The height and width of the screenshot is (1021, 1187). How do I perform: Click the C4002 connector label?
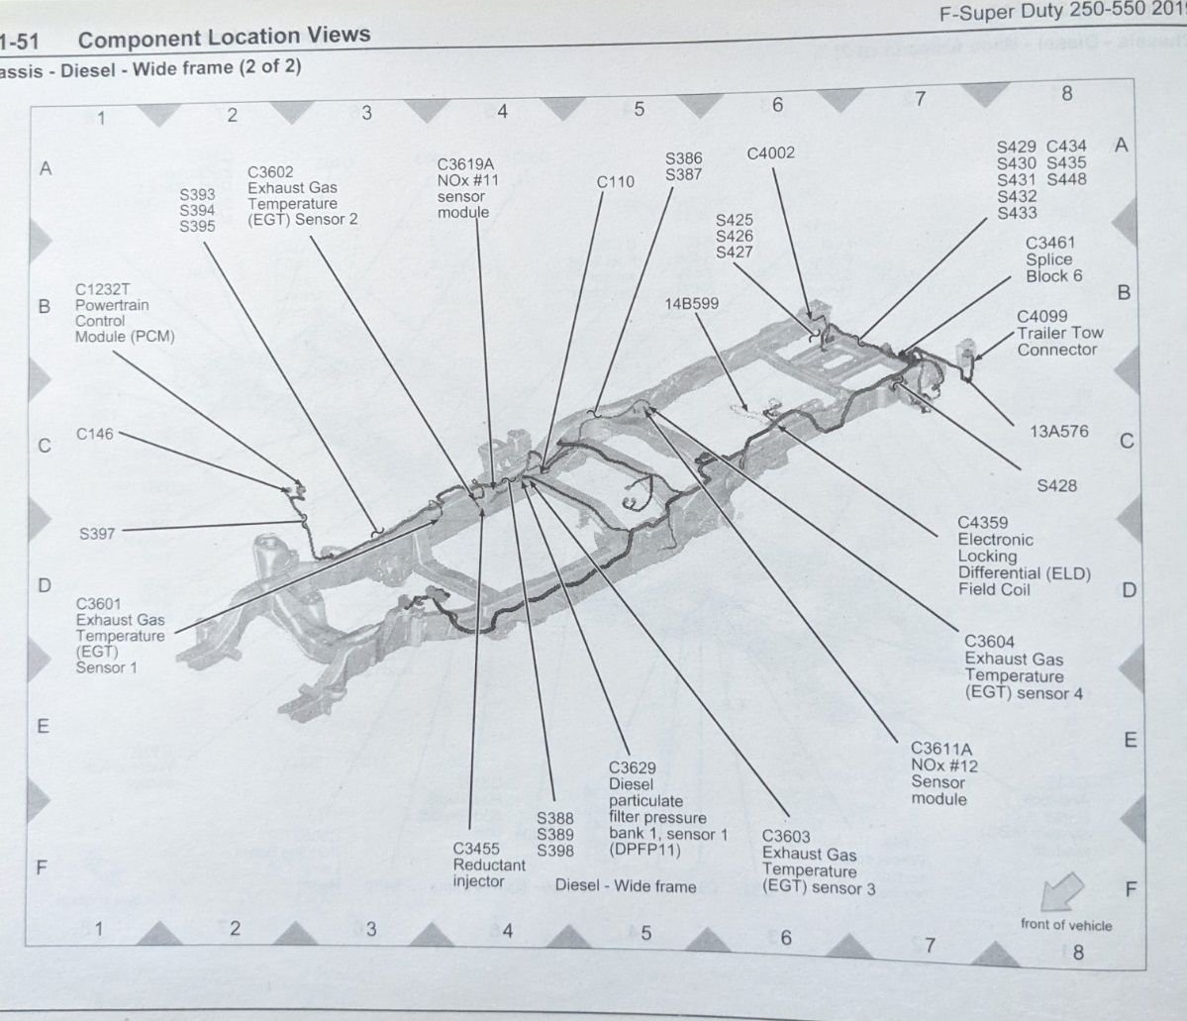770,153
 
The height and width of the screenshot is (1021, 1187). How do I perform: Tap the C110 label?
616,182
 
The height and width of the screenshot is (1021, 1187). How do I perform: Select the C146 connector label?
96,434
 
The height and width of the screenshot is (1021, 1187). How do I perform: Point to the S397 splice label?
97,534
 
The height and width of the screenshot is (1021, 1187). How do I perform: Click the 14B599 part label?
691,304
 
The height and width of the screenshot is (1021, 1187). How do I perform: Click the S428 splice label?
1056,486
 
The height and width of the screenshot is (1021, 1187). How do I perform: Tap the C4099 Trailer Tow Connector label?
1058,333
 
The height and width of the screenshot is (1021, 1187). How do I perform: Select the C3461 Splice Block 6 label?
1052,259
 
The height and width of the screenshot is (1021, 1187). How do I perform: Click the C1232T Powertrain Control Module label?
124,313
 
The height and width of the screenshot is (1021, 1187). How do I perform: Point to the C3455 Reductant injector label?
489,865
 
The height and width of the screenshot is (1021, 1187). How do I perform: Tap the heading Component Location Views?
224,39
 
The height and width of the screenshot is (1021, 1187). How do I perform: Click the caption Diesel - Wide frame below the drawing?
625,885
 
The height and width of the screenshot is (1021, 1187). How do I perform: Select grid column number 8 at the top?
1066,94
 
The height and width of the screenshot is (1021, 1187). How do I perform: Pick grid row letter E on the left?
43,726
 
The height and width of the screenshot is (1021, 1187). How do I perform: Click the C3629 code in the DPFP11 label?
633,767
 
